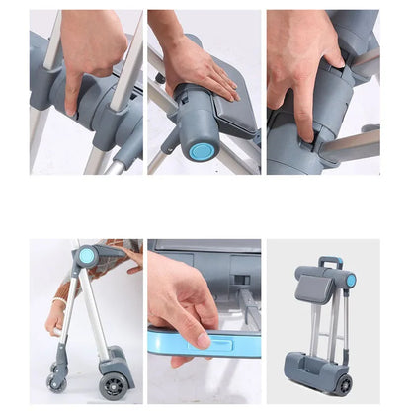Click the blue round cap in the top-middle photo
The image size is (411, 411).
click(x=202, y=151)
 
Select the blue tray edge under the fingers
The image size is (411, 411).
click(x=198, y=345)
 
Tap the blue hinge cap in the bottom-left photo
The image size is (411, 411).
click(x=87, y=256)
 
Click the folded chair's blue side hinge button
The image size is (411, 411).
click(x=351, y=281)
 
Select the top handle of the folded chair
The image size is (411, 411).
click(x=331, y=263)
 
